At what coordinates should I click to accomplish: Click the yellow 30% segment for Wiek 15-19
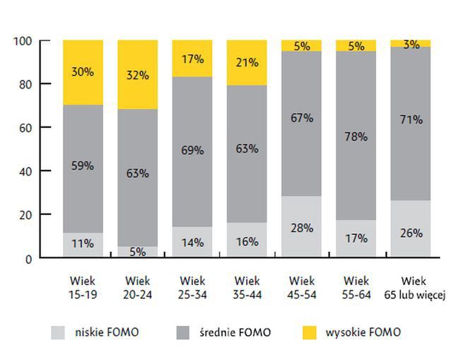(83, 72)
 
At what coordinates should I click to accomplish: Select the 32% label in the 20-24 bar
(138, 75)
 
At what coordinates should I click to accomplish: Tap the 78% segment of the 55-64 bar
(356, 136)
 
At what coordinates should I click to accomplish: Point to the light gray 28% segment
(301, 226)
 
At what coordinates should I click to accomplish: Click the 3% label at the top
(411, 44)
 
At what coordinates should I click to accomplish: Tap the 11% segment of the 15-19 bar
(83, 243)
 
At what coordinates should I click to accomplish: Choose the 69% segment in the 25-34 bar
(192, 150)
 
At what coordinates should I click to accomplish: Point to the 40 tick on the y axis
(26, 170)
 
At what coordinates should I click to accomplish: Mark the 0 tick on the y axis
(29, 258)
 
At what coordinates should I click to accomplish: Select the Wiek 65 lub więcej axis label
(411, 286)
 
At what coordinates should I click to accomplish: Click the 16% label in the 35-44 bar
(247, 242)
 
